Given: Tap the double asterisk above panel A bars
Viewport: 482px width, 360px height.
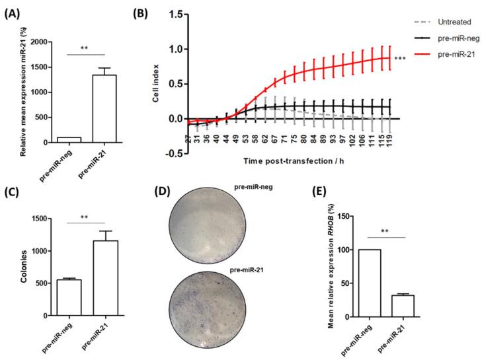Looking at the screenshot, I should tap(85, 49).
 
